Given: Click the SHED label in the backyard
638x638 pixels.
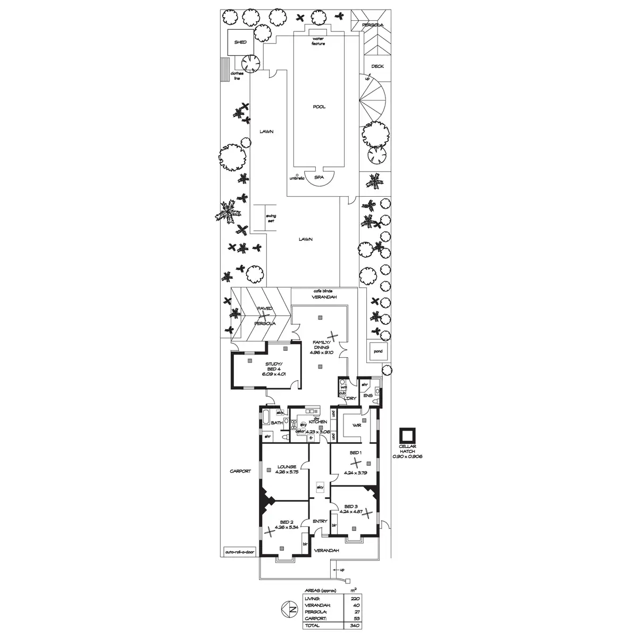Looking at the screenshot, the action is (x=240, y=42).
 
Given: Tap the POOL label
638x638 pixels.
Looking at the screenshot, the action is (x=319, y=107).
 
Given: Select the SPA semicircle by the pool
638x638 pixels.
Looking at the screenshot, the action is (x=319, y=178).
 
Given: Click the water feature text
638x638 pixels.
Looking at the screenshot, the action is (x=318, y=41).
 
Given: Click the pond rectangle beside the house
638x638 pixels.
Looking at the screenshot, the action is (x=378, y=351).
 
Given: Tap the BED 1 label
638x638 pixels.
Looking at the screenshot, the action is (x=355, y=452).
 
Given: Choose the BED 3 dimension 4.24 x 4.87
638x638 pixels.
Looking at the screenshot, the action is (x=354, y=511).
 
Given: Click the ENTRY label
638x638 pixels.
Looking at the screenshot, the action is (x=320, y=522).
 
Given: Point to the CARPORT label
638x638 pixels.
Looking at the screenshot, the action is (x=240, y=471).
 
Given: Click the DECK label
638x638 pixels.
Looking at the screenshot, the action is (x=377, y=66).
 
